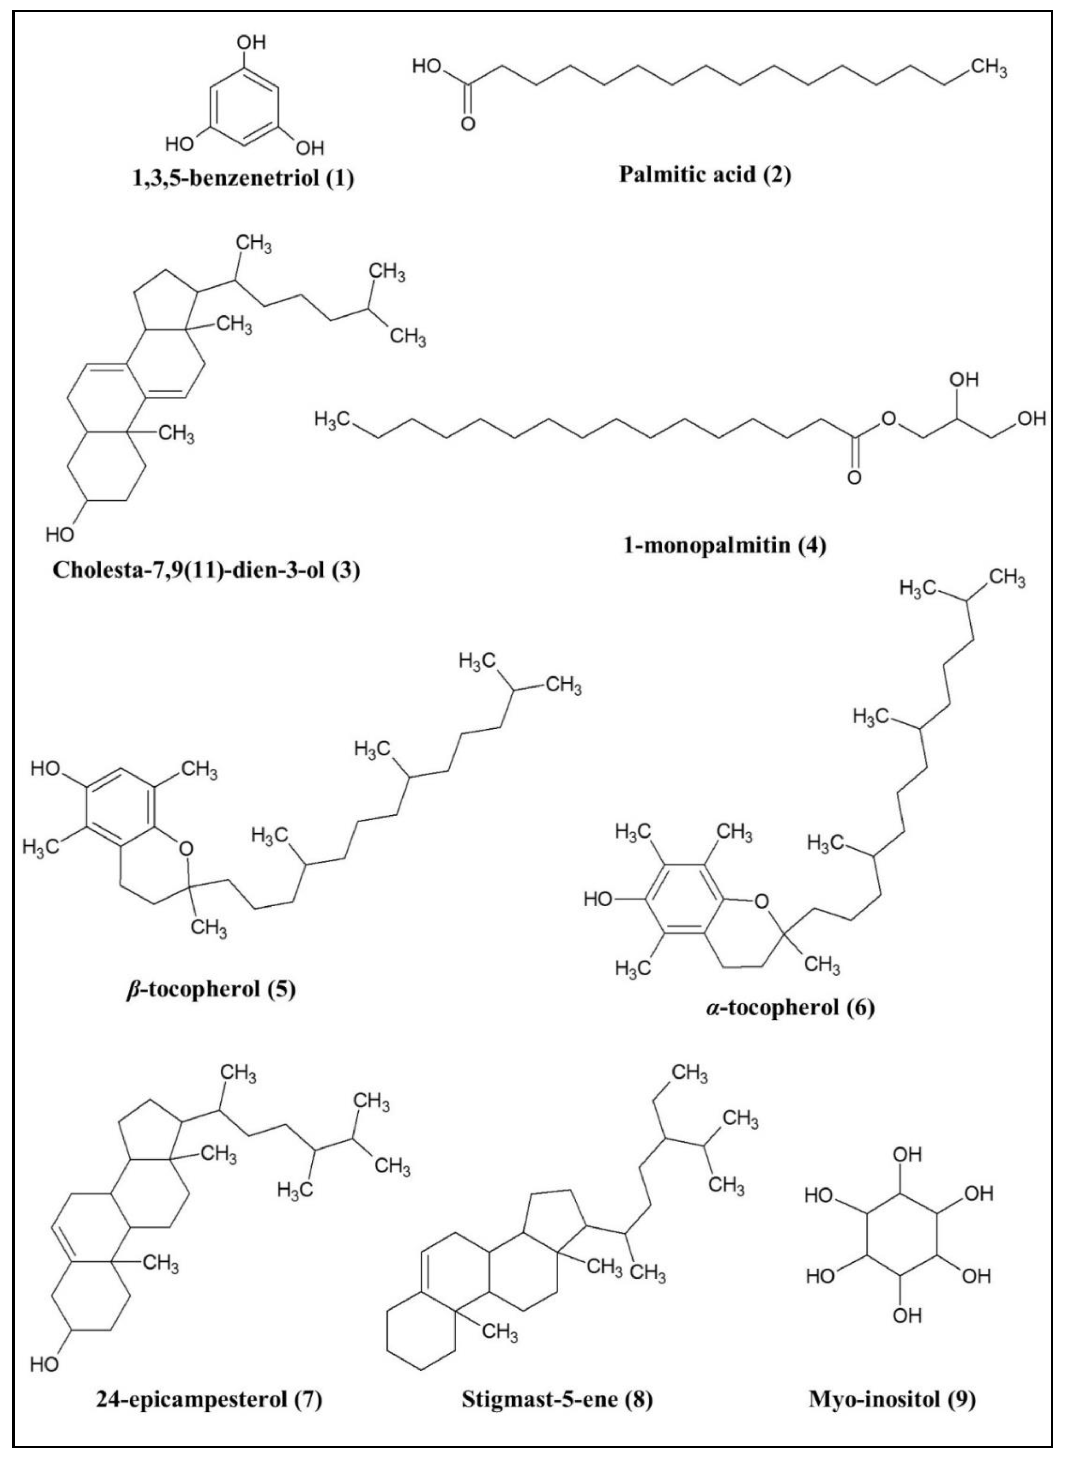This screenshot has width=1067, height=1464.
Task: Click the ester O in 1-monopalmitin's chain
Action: [889, 419]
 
